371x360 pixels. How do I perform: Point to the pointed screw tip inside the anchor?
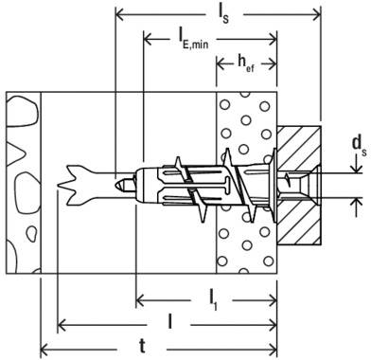124,180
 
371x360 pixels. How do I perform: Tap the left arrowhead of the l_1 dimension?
139,303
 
